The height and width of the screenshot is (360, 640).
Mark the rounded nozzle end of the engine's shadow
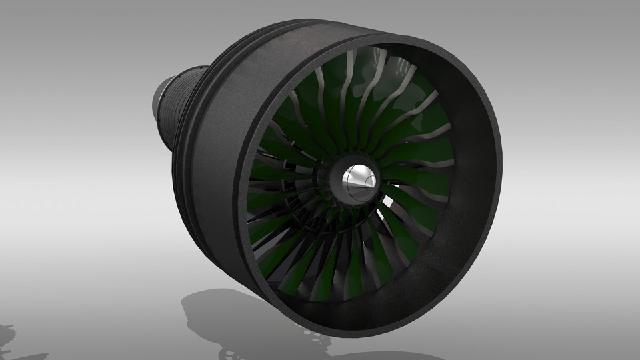coord(193,304)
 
